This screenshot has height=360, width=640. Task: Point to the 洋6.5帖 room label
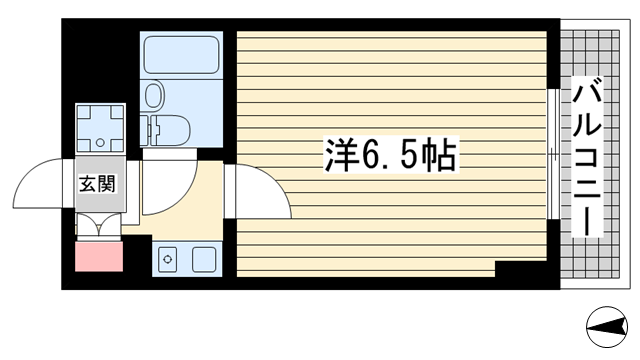tap(390, 156)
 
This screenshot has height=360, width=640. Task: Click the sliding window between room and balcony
tap(553, 155)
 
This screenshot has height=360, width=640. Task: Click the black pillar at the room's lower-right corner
tap(522, 270)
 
